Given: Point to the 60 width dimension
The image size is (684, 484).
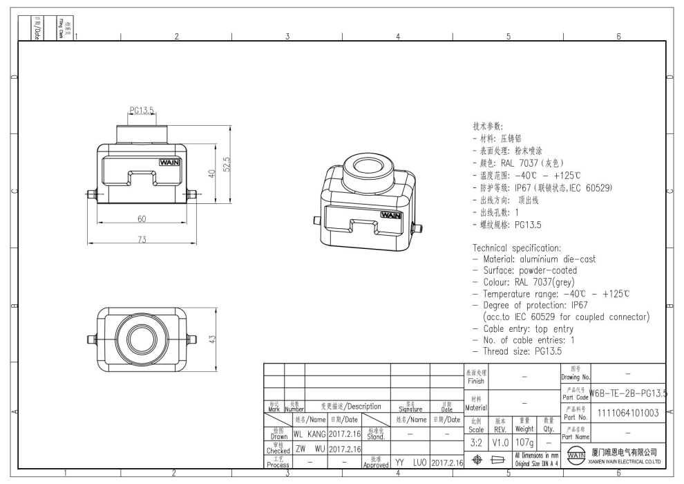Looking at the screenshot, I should point(142,218).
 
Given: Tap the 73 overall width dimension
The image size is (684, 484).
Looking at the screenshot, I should point(142,239).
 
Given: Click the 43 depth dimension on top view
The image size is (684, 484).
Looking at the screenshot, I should point(212,339).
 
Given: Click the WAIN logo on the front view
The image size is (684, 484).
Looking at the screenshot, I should point(170,162).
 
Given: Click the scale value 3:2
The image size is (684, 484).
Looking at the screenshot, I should point(476,441).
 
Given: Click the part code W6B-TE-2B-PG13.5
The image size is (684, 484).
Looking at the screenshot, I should point(629,393).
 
